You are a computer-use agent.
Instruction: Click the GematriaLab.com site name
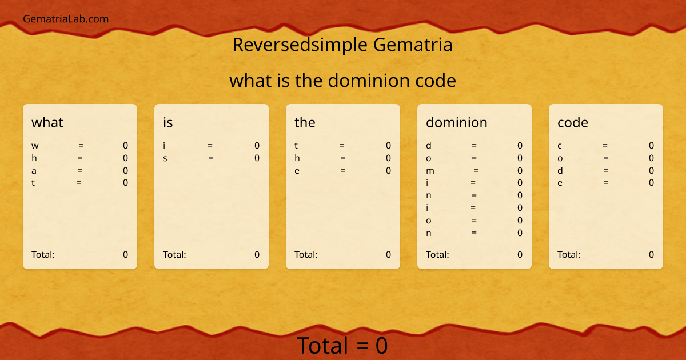click(x=66, y=19)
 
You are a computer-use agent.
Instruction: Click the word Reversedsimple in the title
click(x=300, y=45)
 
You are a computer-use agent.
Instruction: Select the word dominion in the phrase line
click(x=363, y=81)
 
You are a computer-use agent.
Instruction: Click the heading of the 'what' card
click(x=47, y=122)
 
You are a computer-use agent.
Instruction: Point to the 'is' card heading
click(x=168, y=122)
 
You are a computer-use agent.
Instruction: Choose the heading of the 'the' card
click(x=305, y=122)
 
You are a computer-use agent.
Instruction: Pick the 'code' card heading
click(x=573, y=122)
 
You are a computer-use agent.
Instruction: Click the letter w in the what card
click(x=35, y=146)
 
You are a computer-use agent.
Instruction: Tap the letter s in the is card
click(x=165, y=158)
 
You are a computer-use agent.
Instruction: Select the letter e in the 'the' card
click(x=297, y=171)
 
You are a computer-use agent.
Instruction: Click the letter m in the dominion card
click(x=430, y=171)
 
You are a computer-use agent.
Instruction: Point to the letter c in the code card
click(x=560, y=146)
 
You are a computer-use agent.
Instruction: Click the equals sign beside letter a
click(x=80, y=170)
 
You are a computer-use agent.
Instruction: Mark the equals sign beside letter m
click(x=476, y=170)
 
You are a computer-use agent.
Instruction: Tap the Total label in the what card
click(x=43, y=254)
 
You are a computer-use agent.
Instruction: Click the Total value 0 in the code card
click(x=651, y=254)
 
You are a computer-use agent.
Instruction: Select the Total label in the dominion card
click(x=437, y=254)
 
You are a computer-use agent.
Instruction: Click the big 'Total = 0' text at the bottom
click(x=342, y=346)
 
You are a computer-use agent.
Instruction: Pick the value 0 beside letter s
click(x=257, y=158)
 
